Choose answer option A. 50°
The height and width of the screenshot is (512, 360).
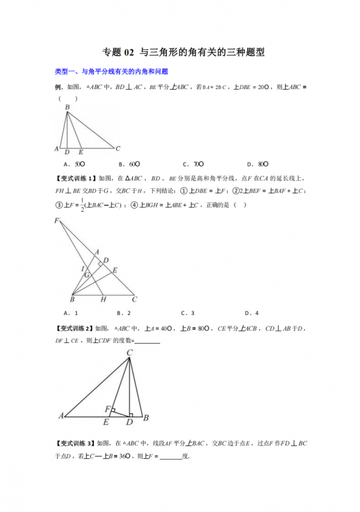[x=75, y=164]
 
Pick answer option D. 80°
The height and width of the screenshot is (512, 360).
[x=258, y=164]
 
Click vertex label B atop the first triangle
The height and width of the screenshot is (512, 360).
[x=66, y=108]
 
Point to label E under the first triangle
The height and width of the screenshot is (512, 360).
[x=81, y=153]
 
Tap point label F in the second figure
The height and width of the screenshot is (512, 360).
[x=57, y=221]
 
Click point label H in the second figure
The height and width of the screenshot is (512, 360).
[x=102, y=299]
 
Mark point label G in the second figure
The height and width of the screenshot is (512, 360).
[x=86, y=274]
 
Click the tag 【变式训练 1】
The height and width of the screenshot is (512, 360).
[x=75, y=178]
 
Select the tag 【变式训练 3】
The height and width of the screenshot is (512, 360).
[x=75, y=443]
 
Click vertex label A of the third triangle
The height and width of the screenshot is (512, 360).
[x=61, y=415]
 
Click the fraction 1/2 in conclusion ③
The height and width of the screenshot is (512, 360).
[x=82, y=206]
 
